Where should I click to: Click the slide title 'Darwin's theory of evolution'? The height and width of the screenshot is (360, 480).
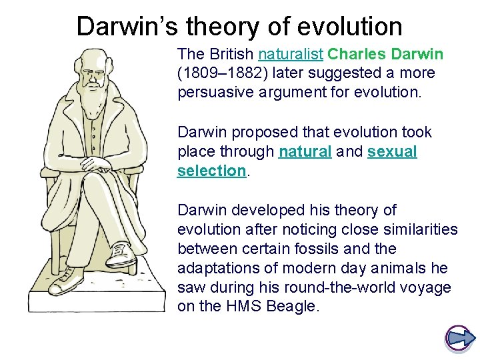(239, 26)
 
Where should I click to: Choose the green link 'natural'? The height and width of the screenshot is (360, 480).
(305, 151)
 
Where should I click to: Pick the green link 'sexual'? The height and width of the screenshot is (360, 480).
(392, 151)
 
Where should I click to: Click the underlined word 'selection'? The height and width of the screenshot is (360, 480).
(211, 171)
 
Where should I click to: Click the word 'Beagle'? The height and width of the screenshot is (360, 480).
(294, 307)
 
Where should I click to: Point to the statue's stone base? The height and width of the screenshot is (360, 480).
(97, 293)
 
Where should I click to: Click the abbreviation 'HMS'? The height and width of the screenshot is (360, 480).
(241, 307)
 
